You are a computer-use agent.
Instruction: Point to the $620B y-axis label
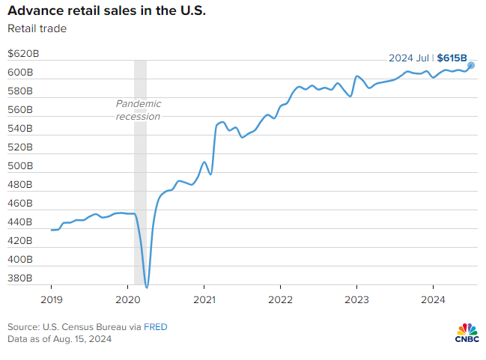[x=24, y=54]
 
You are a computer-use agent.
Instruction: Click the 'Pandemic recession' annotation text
[x=139, y=110]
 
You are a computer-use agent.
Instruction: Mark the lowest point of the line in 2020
[x=147, y=287]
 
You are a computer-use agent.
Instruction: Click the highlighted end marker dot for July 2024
[x=471, y=65]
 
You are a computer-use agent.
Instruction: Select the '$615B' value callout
[x=452, y=58]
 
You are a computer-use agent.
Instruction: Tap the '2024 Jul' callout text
[x=408, y=58]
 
